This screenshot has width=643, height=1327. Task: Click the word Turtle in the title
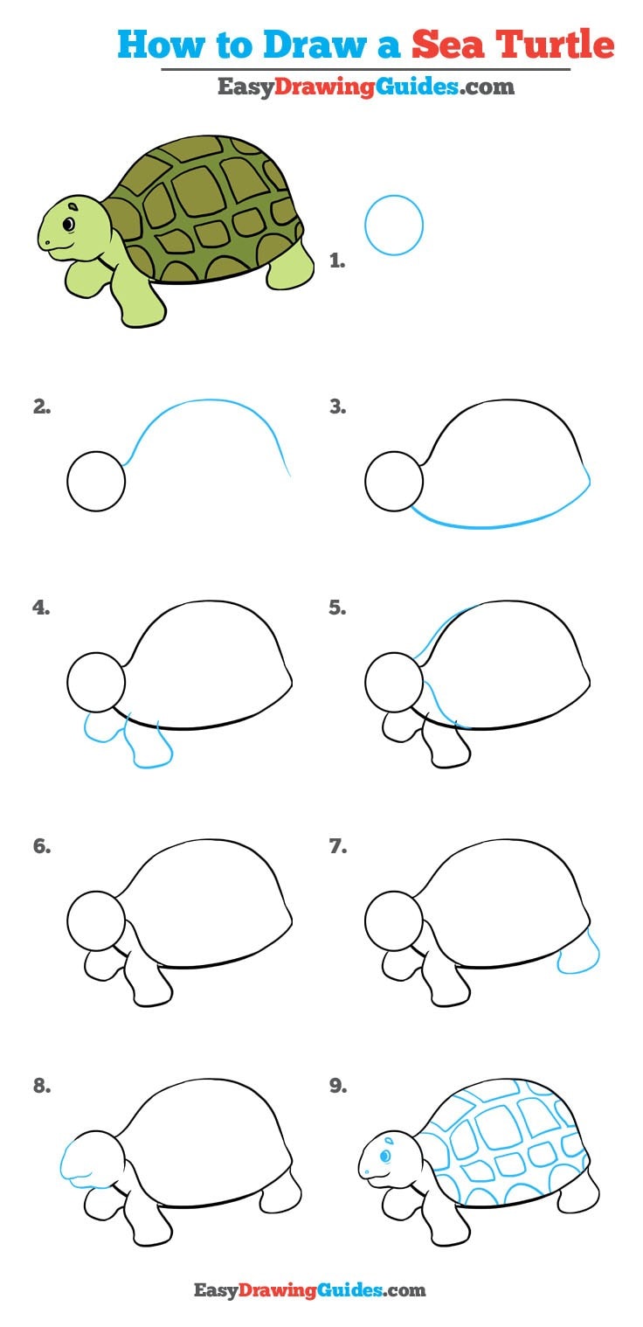[555, 45]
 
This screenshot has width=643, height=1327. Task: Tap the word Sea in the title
[447, 45]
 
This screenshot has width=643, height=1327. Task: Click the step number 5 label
[337, 608]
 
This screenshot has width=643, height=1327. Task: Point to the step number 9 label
[338, 1086]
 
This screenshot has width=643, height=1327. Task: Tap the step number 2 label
[41, 407]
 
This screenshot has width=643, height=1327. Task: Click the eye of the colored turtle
[69, 224]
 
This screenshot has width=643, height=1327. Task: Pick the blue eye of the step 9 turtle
[385, 1155]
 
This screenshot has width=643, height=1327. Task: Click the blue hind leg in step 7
[577, 952]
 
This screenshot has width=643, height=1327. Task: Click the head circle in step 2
[67, 481]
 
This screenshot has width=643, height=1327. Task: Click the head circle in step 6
[67, 920]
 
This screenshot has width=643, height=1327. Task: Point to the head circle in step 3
[365, 481]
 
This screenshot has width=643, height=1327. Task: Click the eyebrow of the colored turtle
[73, 207]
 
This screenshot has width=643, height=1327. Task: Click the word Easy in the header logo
[245, 87]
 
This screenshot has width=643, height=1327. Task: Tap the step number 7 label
[337, 846]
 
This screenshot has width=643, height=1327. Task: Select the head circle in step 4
[67, 682]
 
